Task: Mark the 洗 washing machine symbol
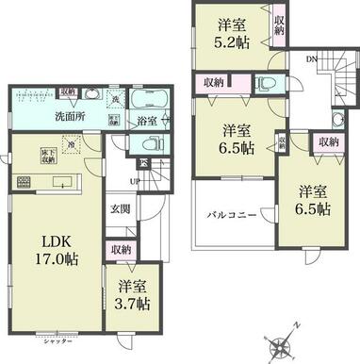click(113, 99)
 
